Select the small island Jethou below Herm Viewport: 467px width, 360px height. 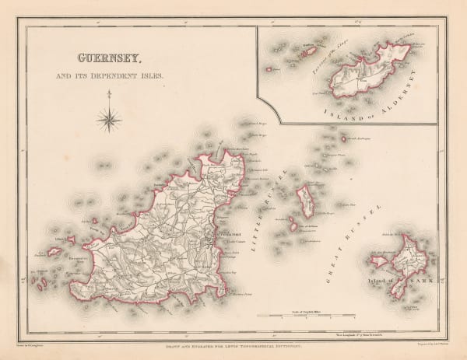tap(294, 225)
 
